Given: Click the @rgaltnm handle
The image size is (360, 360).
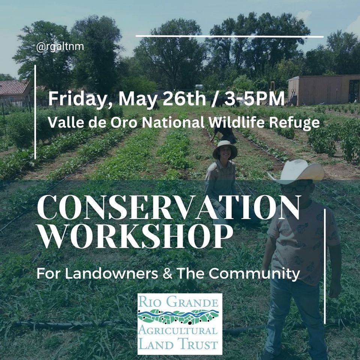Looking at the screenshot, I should (60, 47).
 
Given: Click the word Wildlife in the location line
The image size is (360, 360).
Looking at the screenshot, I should (235, 123).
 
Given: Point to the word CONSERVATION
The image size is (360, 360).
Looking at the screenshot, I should (169, 208).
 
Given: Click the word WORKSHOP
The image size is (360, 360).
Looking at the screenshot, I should (133, 237).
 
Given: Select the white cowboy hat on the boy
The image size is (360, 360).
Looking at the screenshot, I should (298, 171).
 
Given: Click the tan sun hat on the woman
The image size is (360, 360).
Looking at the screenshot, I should (225, 149).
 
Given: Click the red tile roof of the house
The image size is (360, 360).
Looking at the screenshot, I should (14, 87).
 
